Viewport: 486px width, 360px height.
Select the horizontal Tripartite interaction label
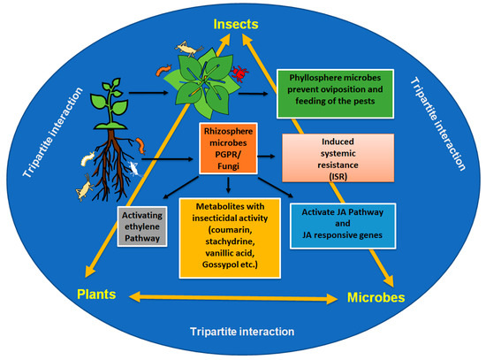tap(242, 332)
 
